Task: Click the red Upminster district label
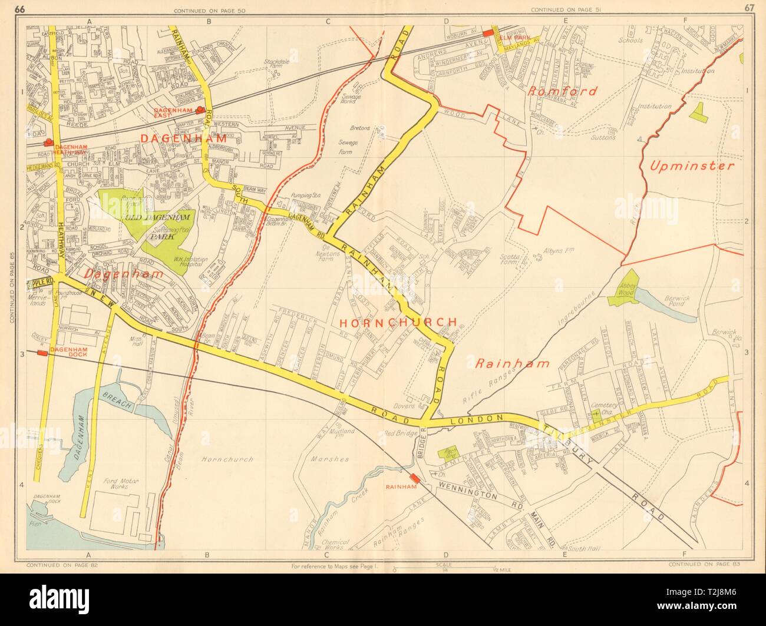pyautogui.click(x=692, y=165)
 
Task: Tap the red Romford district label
pyautogui.click(x=562, y=91)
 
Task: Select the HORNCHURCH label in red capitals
pyautogui.click(x=398, y=322)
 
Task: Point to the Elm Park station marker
pyautogui.click(x=487, y=34)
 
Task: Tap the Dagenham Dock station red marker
pyautogui.click(x=42, y=353)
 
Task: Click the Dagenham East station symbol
pyautogui.click(x=201, y=109)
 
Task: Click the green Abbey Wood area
pyautogui.click(x=628, y=287)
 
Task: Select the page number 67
pyautogui.click(x=748, y=8)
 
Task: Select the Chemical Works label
pyautogui.click(x=343, y=545)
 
